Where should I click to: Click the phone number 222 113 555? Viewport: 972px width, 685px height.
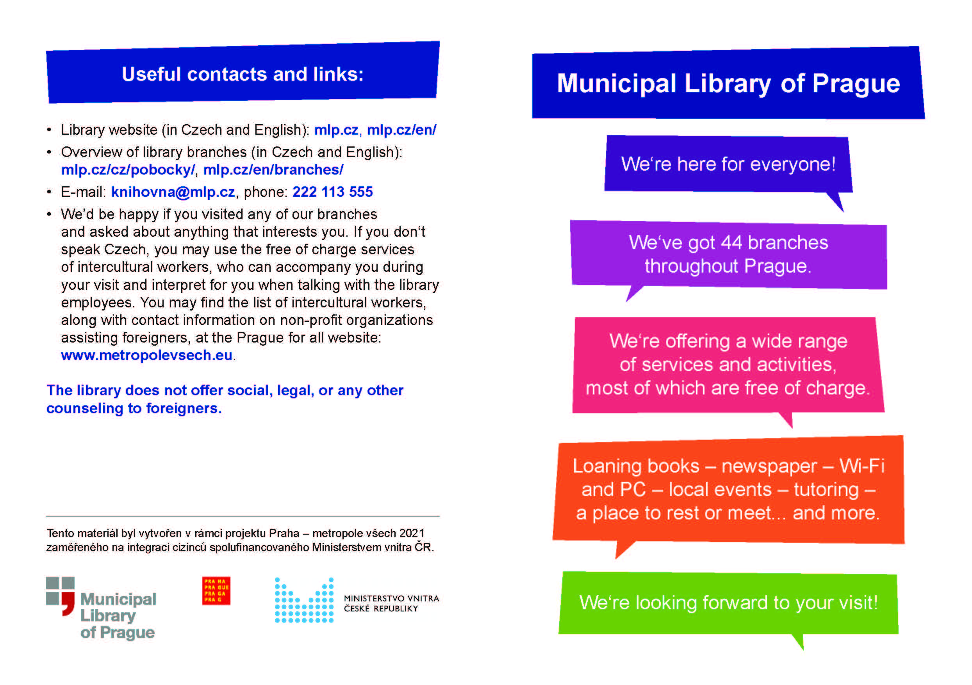tap(332, 192)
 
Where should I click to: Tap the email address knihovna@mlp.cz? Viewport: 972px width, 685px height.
tap(173, 192)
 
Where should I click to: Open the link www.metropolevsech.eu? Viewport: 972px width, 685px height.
tap(146, 355)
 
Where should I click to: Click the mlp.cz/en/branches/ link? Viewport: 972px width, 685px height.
tap(273, 169)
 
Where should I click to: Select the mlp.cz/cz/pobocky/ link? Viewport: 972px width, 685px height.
tap(127, 169)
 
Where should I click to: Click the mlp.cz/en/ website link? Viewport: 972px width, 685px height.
tap(401, 130)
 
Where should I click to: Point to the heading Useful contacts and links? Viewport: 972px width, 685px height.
tap(242, 74)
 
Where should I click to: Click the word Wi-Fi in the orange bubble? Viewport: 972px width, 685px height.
tap(862, 466)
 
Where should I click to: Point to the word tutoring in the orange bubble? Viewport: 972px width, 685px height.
tap(826, 489)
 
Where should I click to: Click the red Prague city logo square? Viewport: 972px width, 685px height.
tap(216, 590)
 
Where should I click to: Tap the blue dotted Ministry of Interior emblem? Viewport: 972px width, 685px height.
tap(304, 600)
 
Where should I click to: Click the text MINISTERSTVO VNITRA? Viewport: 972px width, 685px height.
tap(391, 598)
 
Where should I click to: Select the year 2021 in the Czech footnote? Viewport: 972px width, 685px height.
tap(412, 533)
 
